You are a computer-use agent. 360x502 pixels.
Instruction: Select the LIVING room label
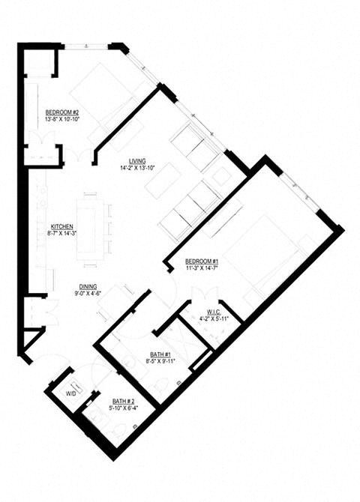click(136, 161)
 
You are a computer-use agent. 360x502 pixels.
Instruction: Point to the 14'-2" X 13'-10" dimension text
click(136, 169)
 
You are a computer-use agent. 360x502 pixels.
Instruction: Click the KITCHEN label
click(61, 226)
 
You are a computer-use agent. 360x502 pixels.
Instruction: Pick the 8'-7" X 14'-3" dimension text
click(61, 234)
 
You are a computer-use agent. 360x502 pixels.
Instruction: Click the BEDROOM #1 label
click(201, 261)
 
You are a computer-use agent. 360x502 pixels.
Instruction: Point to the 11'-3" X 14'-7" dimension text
click(201, 269)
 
